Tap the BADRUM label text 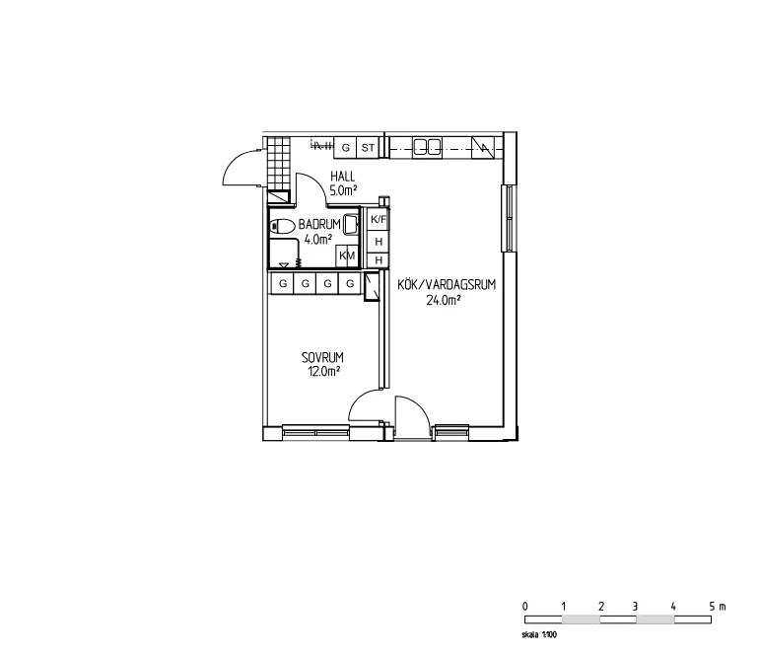coord(319,225)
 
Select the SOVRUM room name coord(322,357)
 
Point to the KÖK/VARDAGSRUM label coord(446,285)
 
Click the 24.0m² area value coord(443,301)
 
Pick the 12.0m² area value coord(323,371)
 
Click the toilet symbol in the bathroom coord(281,226)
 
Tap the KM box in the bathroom coord(346,256)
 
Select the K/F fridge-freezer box coord(378,219)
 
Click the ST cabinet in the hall coord(368,148)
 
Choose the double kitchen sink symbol coord(427,148)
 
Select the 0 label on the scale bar coord(525,606)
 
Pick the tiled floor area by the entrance coord(280,157)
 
